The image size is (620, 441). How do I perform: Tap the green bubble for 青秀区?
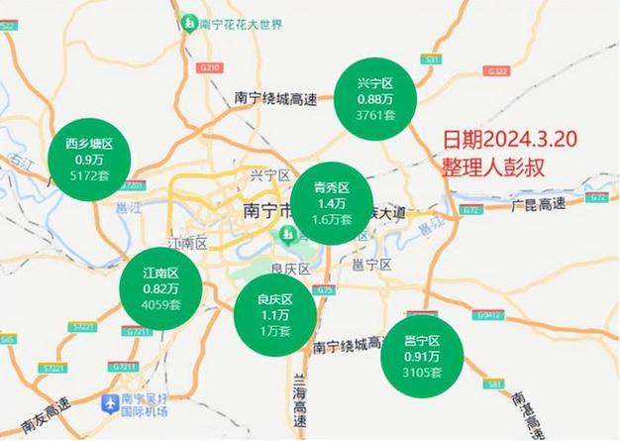[x=333, y=203]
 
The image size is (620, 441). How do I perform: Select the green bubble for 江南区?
[x=160, y=288]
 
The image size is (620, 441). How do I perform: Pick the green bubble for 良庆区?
[x=275, y=314]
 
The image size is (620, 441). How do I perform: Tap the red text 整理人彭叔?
[x=492, y=165]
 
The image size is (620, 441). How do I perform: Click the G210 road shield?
[x=209, y=68]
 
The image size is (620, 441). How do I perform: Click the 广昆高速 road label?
[x=539, y=204]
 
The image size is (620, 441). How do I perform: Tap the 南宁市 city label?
[x=265, y=211]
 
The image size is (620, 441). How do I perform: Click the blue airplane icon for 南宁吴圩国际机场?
[x=110, y=403]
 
